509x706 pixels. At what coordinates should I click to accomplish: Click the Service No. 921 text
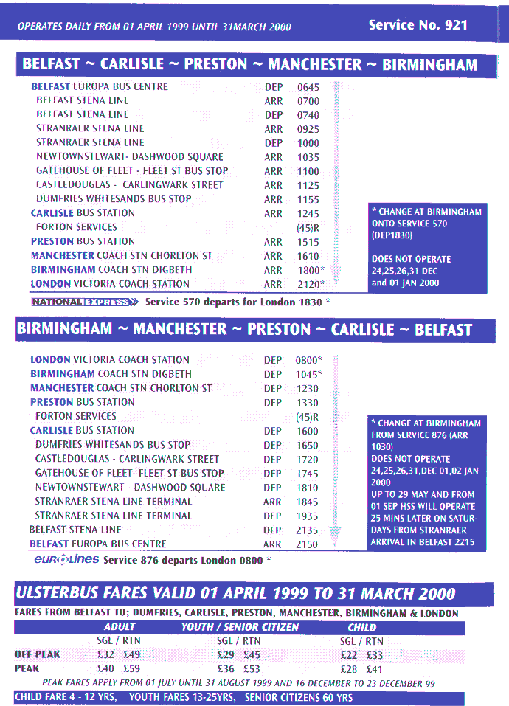point(418,25)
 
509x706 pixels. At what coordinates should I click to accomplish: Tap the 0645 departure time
point(308,87)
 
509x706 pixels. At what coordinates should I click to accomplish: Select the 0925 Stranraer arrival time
point(308,129)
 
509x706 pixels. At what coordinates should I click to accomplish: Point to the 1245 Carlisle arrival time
point(308,214)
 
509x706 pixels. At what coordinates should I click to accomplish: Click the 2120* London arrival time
point(310,284)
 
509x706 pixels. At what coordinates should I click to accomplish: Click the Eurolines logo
point(66,559)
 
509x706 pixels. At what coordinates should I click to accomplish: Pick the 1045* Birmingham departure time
point(309,375)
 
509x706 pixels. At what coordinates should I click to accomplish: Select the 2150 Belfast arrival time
point(307,544)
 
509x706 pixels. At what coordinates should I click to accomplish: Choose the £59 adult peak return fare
point(132,668)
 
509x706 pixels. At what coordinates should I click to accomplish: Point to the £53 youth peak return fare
point(252,668)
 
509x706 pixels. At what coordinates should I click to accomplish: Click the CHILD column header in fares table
point(361,627)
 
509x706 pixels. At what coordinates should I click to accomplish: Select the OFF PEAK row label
point(37,654)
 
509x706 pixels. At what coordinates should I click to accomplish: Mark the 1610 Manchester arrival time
point(308,256)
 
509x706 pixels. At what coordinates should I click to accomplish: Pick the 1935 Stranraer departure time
point(307,516)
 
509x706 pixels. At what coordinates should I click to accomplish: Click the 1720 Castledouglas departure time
point(307,460)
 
